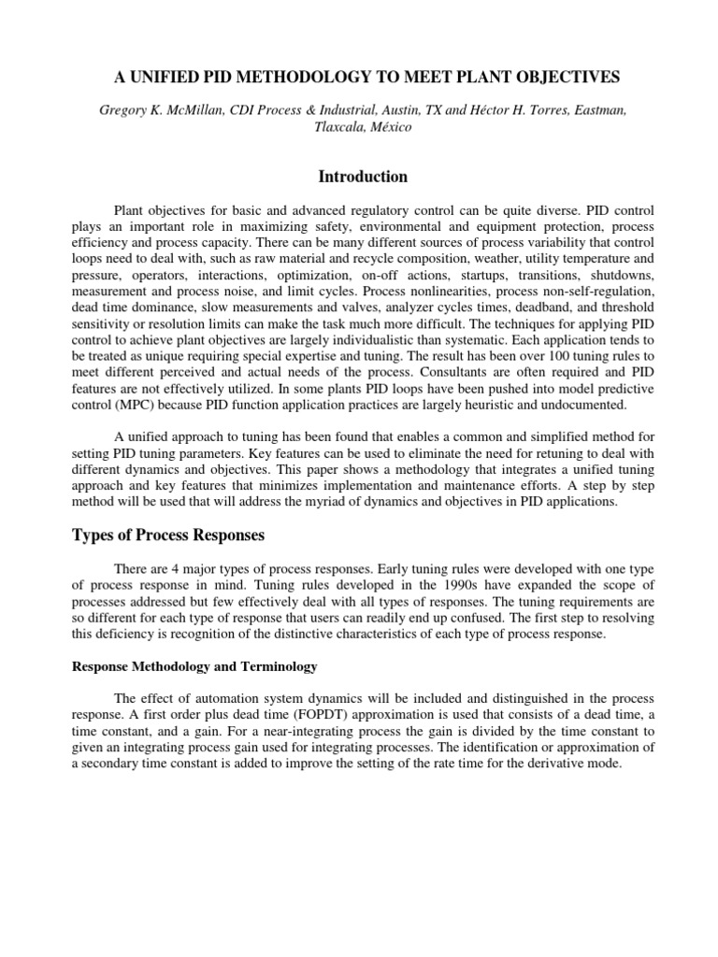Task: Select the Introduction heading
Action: tap(363, 177)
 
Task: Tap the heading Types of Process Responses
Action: tap(168, 536)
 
